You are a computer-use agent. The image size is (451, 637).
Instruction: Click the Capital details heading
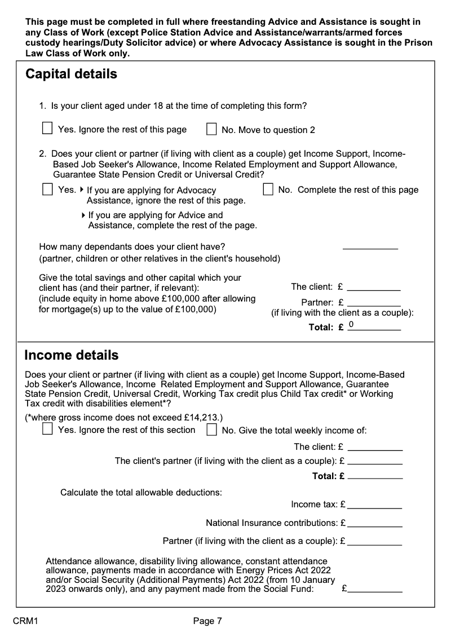click(71, 74)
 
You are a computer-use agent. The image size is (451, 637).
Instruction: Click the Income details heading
click(71, 355)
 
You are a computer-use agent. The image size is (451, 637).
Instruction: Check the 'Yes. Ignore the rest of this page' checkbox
click(48, 129)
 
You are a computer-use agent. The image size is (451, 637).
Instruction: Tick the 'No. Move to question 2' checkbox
click(211, 130)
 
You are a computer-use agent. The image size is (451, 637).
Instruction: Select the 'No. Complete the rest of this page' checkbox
click(268, 189)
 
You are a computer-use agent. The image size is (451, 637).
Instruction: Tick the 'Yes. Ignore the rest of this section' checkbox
click(48, 430)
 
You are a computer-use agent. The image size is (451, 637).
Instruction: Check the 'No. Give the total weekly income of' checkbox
click(211, 430)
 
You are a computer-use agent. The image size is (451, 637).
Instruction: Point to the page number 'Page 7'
click(207, 621)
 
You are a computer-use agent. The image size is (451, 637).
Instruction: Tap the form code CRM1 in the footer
click(25, 621)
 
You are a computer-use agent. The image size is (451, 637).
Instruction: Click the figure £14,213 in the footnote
click(201, 418)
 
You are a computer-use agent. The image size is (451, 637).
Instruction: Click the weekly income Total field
click(375, 476)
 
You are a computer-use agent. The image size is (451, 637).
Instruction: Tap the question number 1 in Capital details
click(42, 106)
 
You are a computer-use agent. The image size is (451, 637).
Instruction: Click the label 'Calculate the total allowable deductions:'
click(141, 492)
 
